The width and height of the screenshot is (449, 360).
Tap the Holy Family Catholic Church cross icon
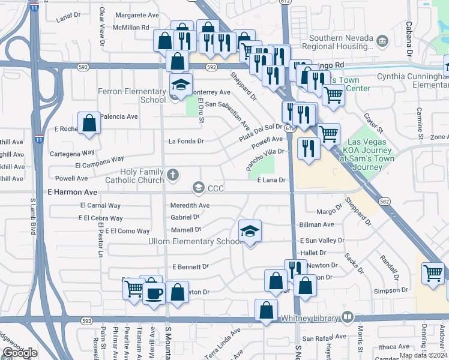coord(173,175)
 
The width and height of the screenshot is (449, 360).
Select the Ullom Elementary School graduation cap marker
coord(250,230)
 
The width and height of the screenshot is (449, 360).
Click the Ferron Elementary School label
coord(131,95)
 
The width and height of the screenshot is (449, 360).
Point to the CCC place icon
coord(199,188)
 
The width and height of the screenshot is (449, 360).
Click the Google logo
coord(20,353)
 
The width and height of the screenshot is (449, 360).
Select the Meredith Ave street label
coord(190,205)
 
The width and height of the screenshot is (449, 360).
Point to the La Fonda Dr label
coord(186,142)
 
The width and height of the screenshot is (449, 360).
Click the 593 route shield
coord(86,321)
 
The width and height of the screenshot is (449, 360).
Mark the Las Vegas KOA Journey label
coord(368,154)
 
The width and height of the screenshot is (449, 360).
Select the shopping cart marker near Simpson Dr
coord(432,274)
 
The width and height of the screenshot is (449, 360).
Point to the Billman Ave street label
coord(316,224)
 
